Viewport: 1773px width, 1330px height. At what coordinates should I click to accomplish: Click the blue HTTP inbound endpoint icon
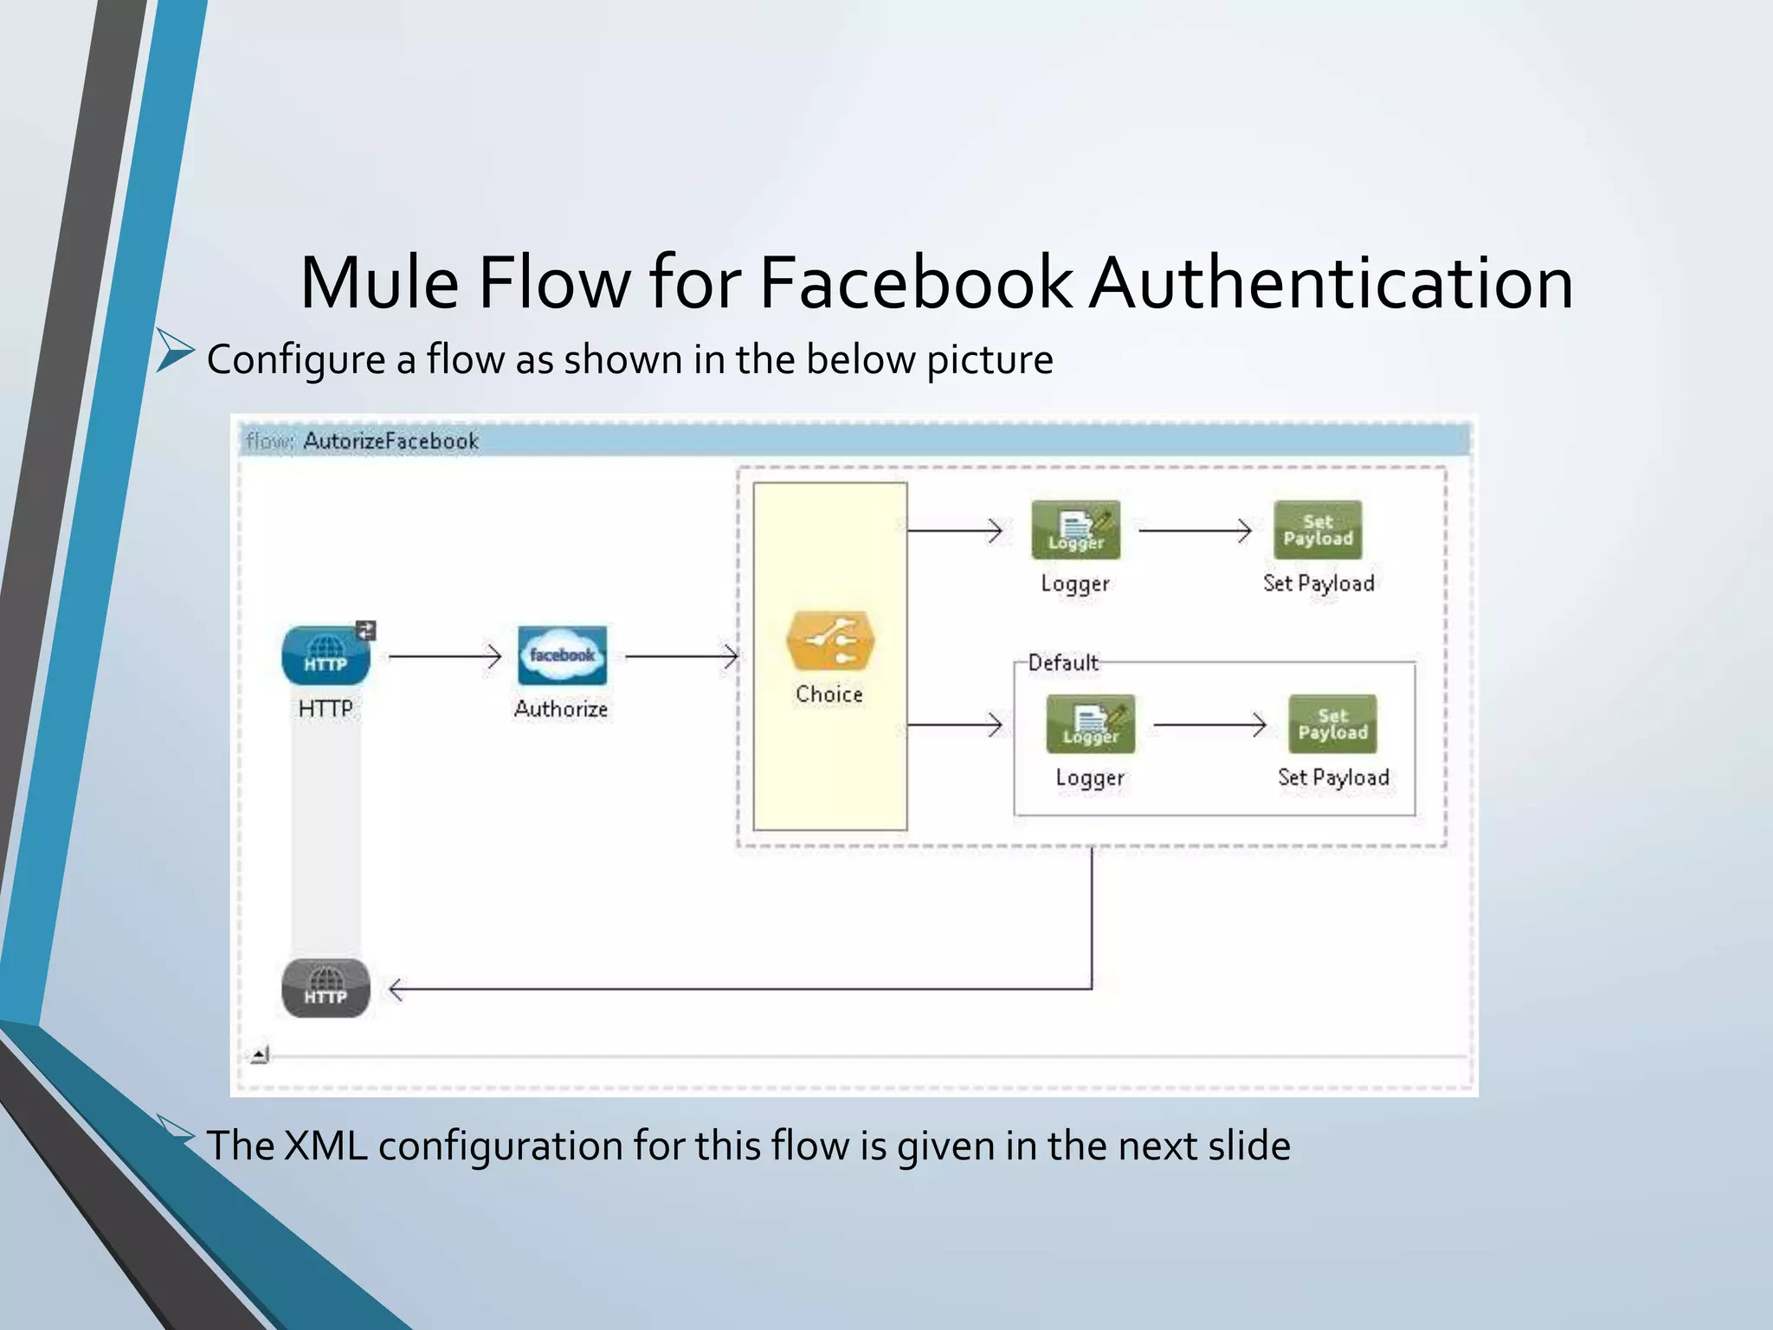326,655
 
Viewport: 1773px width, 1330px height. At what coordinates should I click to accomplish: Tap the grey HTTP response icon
326,988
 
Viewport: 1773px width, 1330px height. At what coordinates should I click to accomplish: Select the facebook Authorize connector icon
562,655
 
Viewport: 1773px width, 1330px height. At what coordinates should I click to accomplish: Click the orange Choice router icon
829,642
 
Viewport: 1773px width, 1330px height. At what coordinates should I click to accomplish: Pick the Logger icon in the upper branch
1075,530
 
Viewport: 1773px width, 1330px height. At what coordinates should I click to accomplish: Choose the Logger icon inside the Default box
1090,724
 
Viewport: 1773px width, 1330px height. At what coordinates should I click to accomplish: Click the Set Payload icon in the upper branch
1318,530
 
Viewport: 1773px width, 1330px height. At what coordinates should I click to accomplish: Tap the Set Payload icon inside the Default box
1332,724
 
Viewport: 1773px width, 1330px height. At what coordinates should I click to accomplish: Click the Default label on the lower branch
1063,663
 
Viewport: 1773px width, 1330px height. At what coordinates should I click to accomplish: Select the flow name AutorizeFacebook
390,442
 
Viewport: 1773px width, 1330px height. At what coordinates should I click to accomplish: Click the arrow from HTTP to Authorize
444,656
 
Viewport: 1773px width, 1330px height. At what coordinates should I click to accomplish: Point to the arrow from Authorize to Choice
680,656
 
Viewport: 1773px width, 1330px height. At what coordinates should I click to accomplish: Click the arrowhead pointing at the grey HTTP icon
397,989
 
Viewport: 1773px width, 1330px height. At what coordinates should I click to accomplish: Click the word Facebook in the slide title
915,282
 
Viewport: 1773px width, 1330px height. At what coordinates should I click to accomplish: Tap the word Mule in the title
378,282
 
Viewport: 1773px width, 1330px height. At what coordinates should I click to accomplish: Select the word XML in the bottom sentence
326,1146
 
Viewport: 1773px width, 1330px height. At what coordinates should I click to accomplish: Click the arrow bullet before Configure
175,352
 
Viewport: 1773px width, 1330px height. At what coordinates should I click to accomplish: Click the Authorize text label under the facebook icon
561,709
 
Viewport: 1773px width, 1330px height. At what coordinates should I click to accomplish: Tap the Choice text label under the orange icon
828,694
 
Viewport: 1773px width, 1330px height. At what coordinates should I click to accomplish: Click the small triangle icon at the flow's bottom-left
260,1055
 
